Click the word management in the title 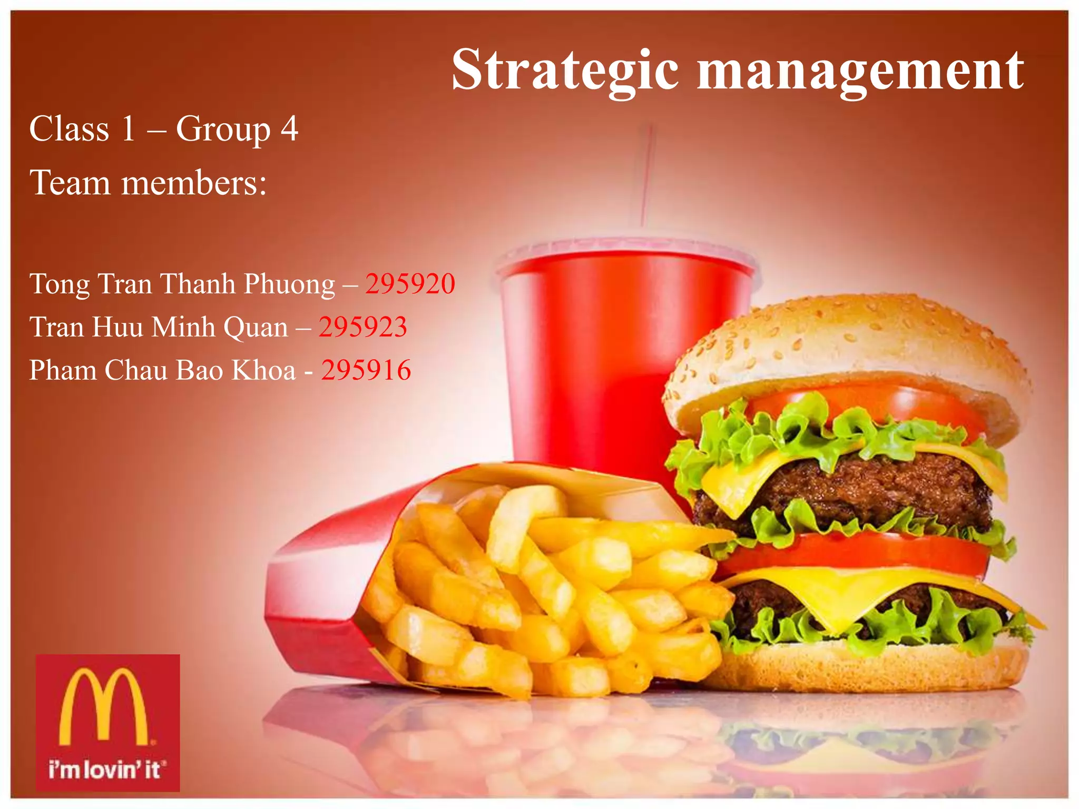coord(860,71)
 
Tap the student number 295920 coord(410,284)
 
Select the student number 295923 coord(362,327)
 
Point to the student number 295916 coord(366,370)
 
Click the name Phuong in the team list coord(289,285)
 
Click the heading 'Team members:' coord(148,183)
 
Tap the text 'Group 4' coord(237,129)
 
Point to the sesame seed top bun coord(843,342)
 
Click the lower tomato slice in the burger coord(854,553)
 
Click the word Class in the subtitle coord(69,129)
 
